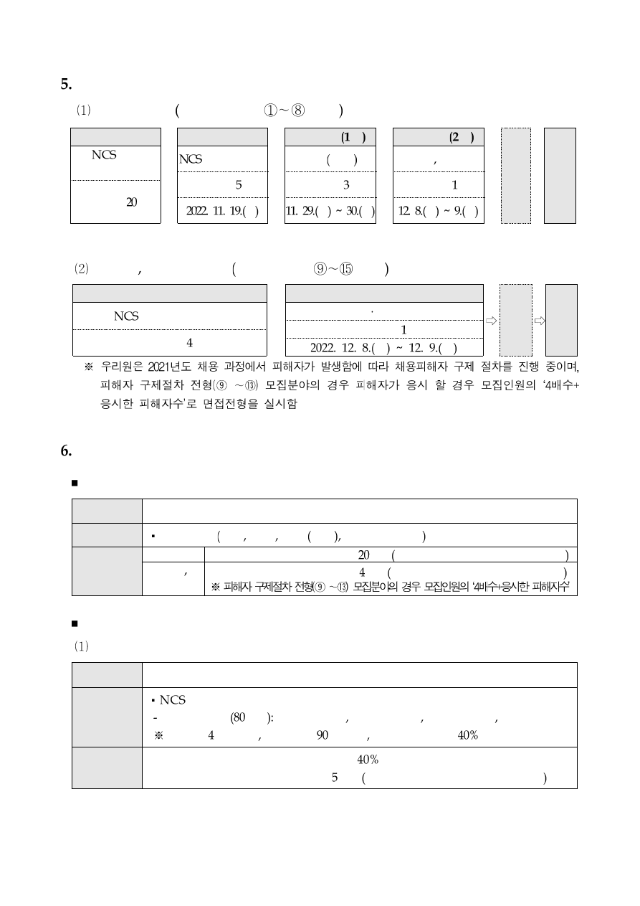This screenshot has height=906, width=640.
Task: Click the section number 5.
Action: pos(66,85)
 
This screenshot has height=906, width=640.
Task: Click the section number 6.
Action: pos(66,451)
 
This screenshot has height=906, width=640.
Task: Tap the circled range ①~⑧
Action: pos(285,110)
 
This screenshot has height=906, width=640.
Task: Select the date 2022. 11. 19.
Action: pos(222,211)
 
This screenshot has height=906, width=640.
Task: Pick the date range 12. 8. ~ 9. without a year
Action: pos(439,211)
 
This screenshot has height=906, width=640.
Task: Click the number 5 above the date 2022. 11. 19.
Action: pos(238,184)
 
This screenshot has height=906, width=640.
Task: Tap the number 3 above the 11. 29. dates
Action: pos(345,184)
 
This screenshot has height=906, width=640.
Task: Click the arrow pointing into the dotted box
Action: pos(491,321)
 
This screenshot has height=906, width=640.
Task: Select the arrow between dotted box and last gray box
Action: pos(539,321)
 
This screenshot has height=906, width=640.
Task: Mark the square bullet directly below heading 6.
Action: pos(75,482)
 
